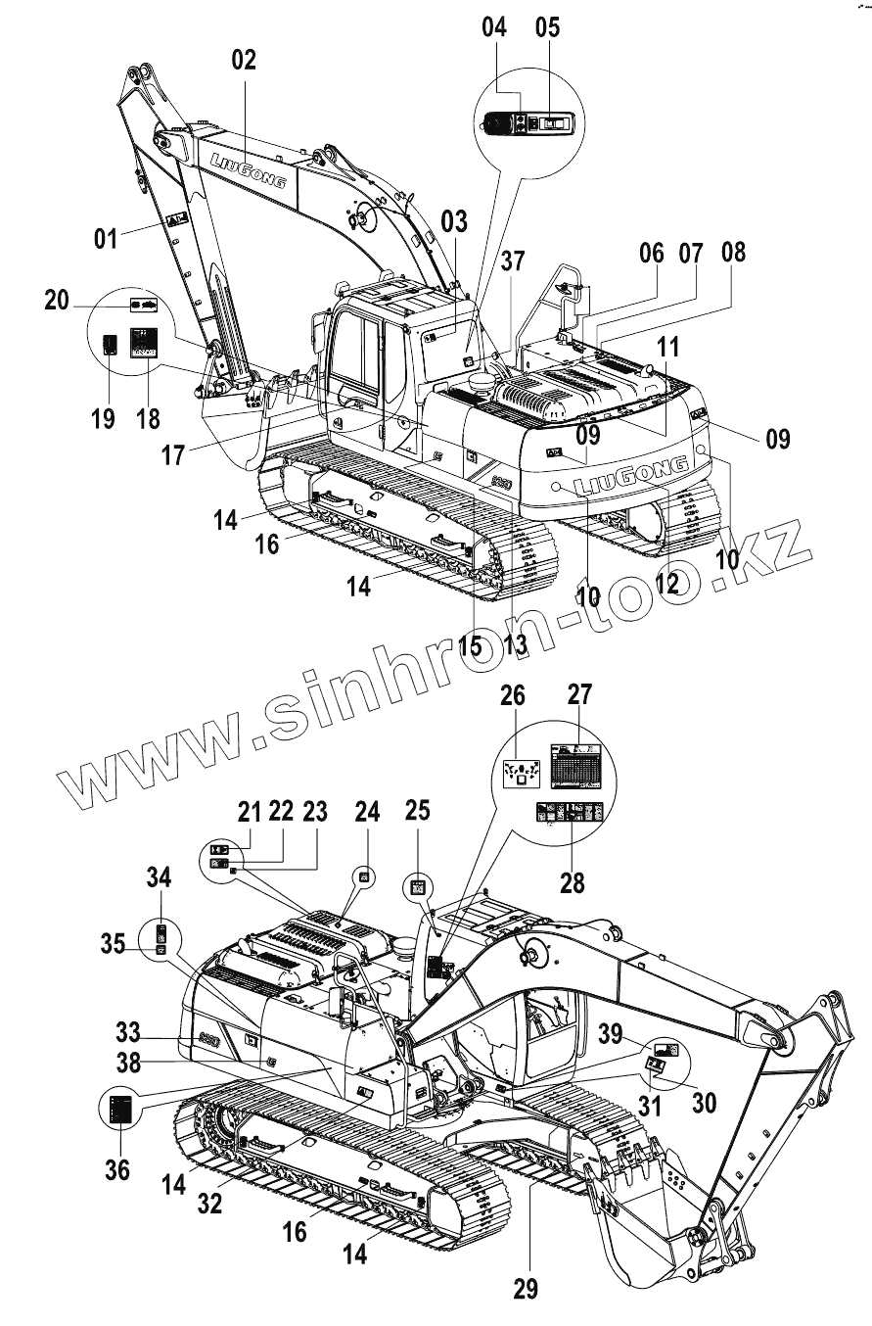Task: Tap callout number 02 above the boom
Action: tap(243, 60)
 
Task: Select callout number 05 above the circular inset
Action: tap(548, 27)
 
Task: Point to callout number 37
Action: tap(513, 261)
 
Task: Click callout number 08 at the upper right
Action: tap(732, 252)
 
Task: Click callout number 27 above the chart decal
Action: tap(579, 696)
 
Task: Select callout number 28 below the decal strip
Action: tap(572, 881)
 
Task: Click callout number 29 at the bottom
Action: tap(526, 1288)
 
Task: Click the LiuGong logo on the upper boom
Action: tap(249, 169)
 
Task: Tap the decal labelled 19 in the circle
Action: tap(111, 346)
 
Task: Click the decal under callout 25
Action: tap(417, 887)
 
